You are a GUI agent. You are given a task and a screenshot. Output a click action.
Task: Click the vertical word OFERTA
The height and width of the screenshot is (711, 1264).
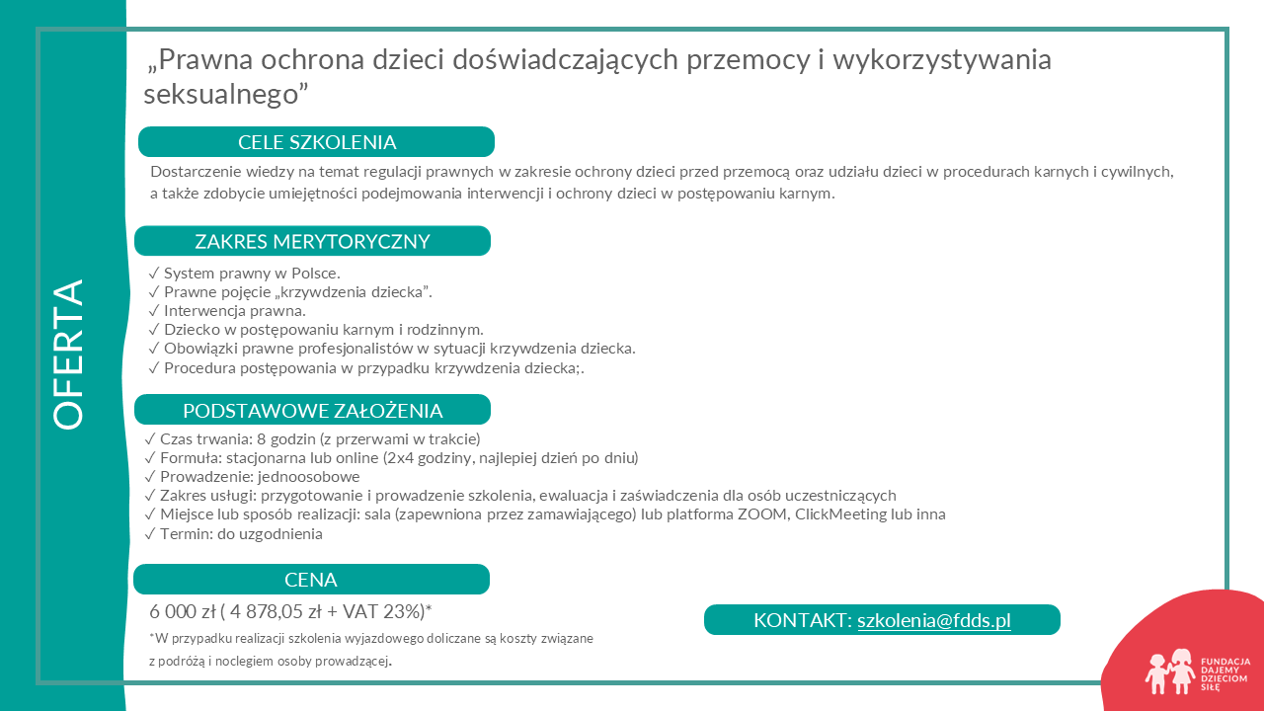pyautogui.click(x=68, y=355)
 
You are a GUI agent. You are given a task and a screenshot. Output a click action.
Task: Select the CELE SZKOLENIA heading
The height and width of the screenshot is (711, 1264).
pyautogui.click(x=317, y=142)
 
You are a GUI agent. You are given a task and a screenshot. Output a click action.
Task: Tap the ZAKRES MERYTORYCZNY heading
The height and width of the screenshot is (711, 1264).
pyautogui.click(x=312, y=242)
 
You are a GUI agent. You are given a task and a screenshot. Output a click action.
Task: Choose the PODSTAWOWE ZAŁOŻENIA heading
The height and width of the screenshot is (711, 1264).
pyautogui.click(x=312, y=411)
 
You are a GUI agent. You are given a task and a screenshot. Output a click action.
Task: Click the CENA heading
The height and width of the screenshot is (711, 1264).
pyautogui.click(x=311, y=580)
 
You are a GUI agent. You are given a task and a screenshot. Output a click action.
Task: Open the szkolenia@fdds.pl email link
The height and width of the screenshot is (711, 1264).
pyautogui.click(x=933, y=620)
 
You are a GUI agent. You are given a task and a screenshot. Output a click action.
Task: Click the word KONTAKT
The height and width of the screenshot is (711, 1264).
pyautogui.click(x=800, y=620)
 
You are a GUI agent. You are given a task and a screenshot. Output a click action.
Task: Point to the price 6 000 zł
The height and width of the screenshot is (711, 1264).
pyautogui.click(x=182, y=612)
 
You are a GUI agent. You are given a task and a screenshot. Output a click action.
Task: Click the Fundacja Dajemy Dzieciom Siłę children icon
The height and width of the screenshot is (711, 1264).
pyautogui.click(x=1169, y=671)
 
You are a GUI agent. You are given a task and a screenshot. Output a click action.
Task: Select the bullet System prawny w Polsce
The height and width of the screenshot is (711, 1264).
pyautogui.click(x=251, y=274)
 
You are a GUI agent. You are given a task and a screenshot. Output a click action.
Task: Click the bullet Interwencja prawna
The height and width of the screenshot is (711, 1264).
pyautogui.click(x=234, y=311)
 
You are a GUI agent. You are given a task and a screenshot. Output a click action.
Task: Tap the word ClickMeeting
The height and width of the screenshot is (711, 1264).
pyautogui.click(x=841, y=514)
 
